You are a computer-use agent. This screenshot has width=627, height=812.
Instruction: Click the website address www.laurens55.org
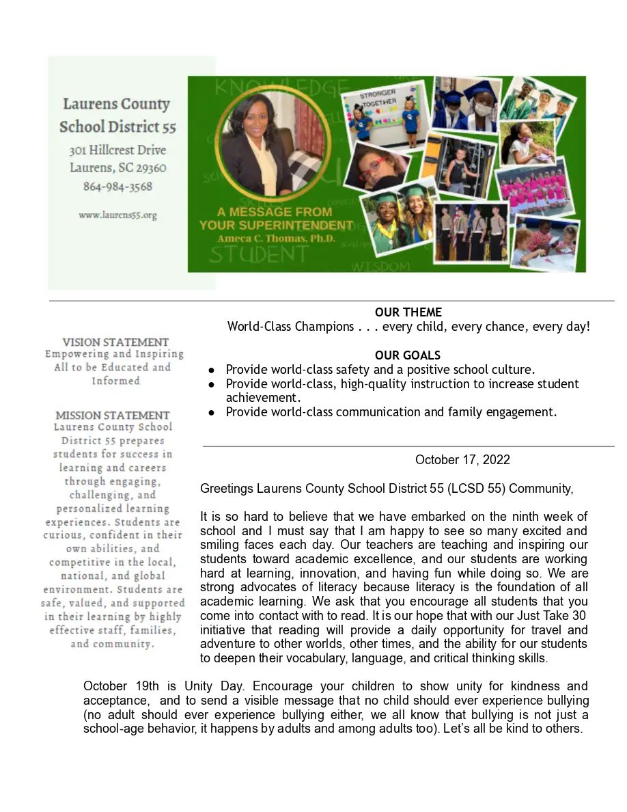tap(117, 215)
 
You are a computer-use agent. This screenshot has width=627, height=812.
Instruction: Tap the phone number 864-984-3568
tap(117, 187)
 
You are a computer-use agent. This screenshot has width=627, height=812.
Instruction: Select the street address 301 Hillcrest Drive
tap(117, 150)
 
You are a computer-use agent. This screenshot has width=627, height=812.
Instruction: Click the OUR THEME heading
tap(408, 312)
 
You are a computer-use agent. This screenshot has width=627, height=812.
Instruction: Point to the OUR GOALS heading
tap(408, 355)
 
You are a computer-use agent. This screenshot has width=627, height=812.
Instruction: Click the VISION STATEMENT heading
tap(115, 342)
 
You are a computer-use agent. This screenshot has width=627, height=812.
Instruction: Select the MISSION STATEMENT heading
tap(112, 415)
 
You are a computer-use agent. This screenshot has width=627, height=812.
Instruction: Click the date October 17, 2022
tap(462, 459)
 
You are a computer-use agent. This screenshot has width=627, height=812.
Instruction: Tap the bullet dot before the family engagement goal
tap(212, 412)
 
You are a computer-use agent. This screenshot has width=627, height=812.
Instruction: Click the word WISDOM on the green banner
tap(380, 265)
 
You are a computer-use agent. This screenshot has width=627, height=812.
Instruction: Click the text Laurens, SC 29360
tap(117, 168)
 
